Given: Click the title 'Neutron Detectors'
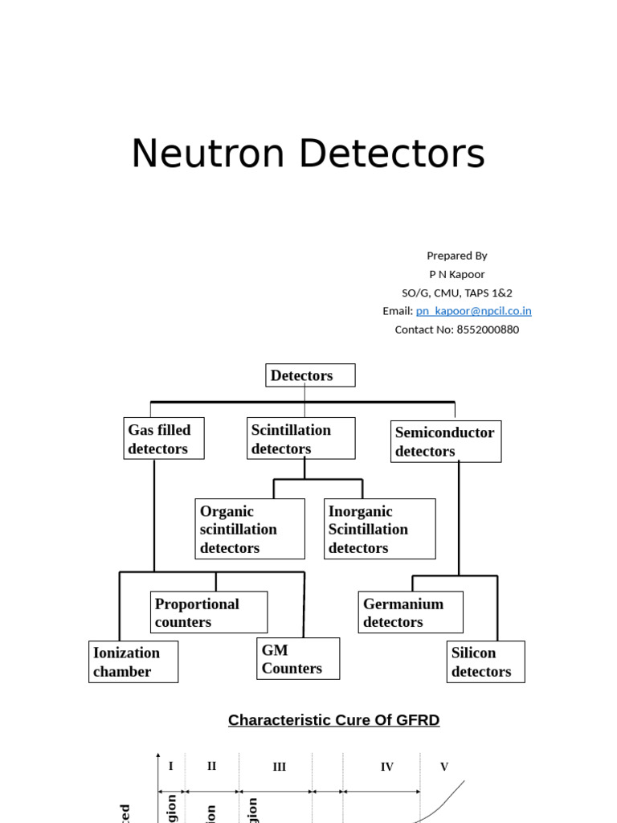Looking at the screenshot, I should pos(308,154).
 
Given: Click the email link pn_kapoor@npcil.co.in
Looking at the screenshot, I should pos(473,311).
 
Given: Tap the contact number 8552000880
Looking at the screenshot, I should pos(487,330).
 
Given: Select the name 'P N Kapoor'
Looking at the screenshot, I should pos(456,274).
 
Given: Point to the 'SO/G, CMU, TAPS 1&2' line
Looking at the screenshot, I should pos(456,293).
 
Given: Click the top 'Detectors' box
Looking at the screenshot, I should pos(310,375).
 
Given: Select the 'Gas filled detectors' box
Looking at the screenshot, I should pos(164,439).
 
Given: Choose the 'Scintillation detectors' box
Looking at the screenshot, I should pos(300,439).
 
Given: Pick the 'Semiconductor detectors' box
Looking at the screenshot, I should pos(446,441).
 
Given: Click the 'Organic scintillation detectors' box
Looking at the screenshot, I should pos(250,529).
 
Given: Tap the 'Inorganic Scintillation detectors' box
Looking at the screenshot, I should pos(379,529).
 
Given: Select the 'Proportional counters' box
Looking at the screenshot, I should pos(209,612).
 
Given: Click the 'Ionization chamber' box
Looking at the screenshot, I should pos(133,661).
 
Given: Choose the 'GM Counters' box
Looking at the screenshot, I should pos(298,659).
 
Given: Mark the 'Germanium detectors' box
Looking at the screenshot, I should pos(411,612).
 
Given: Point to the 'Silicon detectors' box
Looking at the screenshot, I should pos(485,661).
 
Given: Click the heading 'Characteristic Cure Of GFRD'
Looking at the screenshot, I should pos(333,720).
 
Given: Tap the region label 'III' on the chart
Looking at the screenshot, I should pos(279,768).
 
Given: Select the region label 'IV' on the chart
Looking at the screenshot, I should pos(386,768).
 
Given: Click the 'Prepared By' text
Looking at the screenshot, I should pos(456,256).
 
